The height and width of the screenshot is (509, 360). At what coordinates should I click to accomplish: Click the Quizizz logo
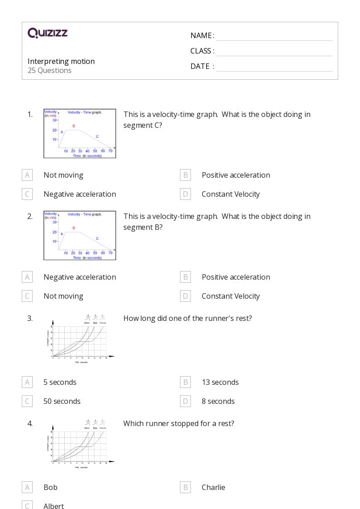click(x=48, y=33)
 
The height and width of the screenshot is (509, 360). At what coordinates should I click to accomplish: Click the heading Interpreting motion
click(x=61, y=61)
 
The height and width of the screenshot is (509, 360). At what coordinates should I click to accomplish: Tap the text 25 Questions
click(x=49, y=70)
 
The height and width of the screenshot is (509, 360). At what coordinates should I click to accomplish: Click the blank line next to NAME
click(x=274, y=36)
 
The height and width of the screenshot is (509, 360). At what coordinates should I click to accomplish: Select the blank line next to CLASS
click(x=274, y=51)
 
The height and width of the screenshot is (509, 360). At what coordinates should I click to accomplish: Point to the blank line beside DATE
click(x=274, y=67)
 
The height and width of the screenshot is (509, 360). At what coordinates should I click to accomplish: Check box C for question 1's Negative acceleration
click(x=27, y=194)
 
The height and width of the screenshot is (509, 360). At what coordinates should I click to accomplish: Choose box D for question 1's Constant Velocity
click(x=185, y=194)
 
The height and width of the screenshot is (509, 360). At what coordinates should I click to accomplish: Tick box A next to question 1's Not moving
click(x=27, y=175)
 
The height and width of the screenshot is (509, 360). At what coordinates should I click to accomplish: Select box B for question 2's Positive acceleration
click(x=185, y=277)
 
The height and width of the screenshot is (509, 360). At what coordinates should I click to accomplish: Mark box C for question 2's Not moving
click(x=27, y=296)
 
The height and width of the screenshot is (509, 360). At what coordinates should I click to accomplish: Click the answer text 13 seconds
click(x=220, y=382)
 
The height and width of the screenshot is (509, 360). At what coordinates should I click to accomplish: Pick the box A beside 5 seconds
click(x=27, y=382)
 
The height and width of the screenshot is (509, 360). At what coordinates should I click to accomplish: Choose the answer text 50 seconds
click(x=62, y=401)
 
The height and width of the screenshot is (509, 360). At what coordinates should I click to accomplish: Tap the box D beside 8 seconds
click(x=185, y=401)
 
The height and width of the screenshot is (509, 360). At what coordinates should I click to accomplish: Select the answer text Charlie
click(x=213, y=487)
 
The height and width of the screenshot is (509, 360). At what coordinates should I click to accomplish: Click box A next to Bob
click(x=27, y=487)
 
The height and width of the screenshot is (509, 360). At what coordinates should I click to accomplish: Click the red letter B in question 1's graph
click(x=73, y=126)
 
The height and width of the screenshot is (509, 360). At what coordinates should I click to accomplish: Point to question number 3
click(x=30, y=318)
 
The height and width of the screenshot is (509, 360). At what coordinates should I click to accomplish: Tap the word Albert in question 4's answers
click(x=54, y=505)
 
